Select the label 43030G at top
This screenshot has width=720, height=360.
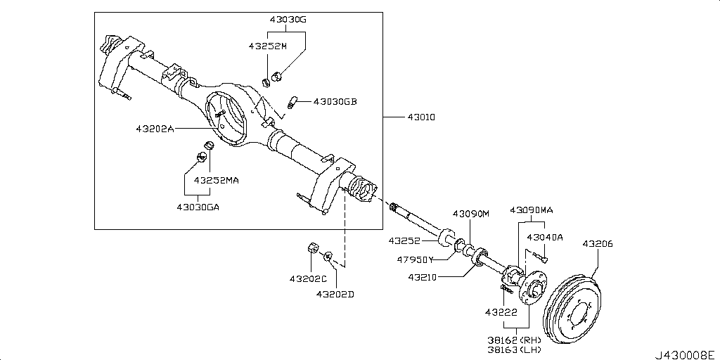[287, 20]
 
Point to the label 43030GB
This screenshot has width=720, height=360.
[335, 101]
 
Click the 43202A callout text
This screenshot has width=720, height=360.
[155, 129]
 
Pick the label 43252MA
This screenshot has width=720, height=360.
[217, 180]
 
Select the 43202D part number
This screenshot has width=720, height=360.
[335, 294]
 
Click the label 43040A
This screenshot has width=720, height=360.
[545, 237]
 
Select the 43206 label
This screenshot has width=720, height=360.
[598, 244]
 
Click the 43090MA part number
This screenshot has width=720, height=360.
[532, 210]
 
